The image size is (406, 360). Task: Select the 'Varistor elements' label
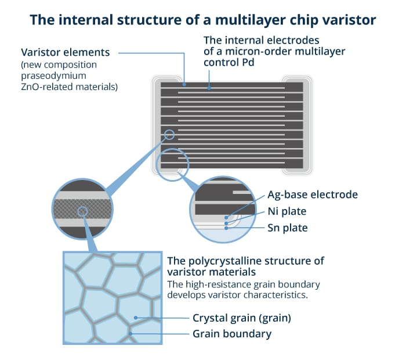coord(65,52)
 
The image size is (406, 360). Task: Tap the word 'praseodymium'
coord(53,75)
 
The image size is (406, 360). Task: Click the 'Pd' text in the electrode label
coord(248,62)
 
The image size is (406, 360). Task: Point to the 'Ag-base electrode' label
coord(313,195)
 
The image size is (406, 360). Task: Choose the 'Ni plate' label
coord(287,211)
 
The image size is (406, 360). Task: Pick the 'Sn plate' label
coord(288,228)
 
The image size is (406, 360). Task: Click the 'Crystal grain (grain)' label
coord(242,318)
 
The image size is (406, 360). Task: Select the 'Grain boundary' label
coord(232,334)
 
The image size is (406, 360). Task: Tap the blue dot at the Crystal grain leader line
coord(136,318)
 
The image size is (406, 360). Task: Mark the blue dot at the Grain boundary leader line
coord(130,333)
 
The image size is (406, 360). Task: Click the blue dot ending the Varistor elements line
coord(184,85)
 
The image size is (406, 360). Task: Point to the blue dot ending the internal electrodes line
coord(209,88)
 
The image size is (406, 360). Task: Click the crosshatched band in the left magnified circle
coord(82,209)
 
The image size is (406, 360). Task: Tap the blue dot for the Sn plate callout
coord(226,228)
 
